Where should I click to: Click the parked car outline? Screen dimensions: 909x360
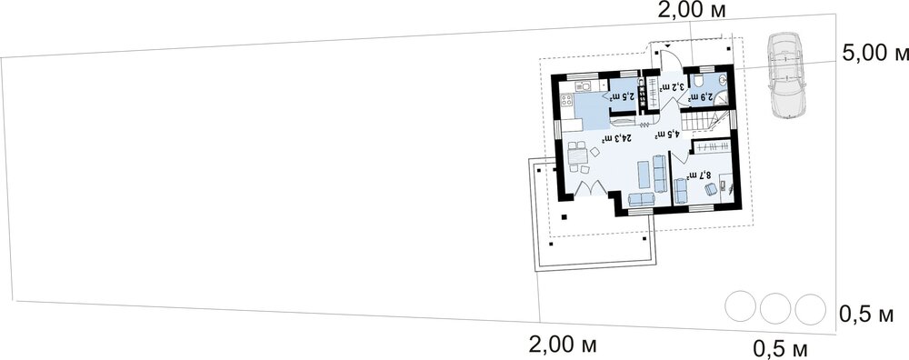tap(787, 75)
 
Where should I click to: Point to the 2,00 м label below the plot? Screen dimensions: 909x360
tap(563, 345)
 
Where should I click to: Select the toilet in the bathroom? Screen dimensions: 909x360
tap(698, 78)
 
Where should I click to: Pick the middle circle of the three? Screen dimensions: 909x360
tap(775, 308)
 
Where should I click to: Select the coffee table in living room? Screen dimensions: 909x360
tap(644, 175)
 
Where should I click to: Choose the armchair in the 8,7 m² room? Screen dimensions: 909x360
tap(712, 190)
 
